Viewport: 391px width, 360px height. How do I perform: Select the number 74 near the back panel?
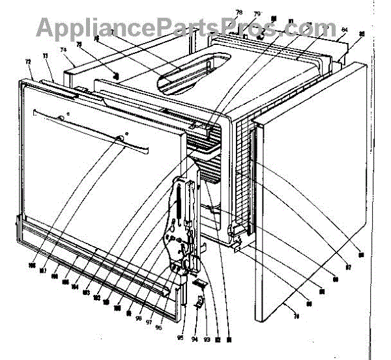point(64,49)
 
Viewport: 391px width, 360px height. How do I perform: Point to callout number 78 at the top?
point(239,13)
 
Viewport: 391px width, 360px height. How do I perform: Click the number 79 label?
point(257,14)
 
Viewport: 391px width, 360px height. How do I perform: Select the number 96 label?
point(158,309)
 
